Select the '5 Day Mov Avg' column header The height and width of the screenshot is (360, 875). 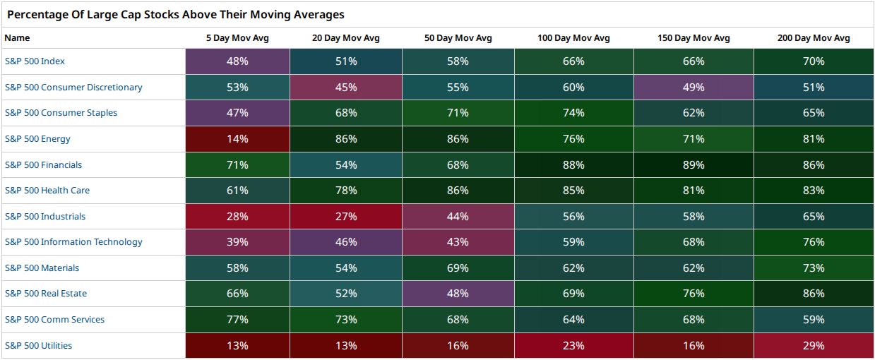237,38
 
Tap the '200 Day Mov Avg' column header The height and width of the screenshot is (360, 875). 814,38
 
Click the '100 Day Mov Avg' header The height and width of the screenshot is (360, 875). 573,38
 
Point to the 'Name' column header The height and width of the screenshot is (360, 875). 17,38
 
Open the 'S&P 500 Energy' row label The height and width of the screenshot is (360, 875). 37,138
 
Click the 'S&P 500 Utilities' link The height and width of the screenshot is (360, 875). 38,346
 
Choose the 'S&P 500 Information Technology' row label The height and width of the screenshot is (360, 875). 73,241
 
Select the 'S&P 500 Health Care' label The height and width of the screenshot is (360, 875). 47,190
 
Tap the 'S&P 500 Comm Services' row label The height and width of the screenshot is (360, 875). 54,319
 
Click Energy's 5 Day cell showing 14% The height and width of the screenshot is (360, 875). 237,139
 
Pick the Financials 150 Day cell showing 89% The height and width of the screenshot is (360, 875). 694,164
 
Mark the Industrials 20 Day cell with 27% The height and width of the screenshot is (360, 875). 346,216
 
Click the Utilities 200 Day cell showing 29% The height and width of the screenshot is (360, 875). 814,346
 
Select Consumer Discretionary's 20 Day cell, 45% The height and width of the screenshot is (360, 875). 346,87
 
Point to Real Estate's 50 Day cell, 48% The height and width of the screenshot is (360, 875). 458,294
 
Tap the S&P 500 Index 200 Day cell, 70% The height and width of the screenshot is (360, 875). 814,61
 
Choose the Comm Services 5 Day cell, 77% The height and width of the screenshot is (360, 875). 237,320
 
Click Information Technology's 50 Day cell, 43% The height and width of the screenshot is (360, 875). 458,242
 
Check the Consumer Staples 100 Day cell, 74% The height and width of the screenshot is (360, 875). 573,113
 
